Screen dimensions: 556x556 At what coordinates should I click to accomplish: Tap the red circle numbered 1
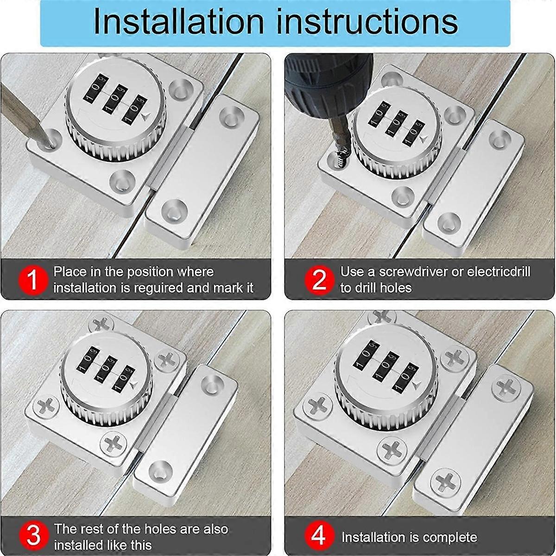point(32,280)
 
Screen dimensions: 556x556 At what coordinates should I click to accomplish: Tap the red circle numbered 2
point(319,280)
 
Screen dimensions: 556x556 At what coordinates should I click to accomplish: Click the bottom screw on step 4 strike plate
point(445,480)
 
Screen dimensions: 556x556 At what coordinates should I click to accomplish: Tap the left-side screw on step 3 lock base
point(45,407)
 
